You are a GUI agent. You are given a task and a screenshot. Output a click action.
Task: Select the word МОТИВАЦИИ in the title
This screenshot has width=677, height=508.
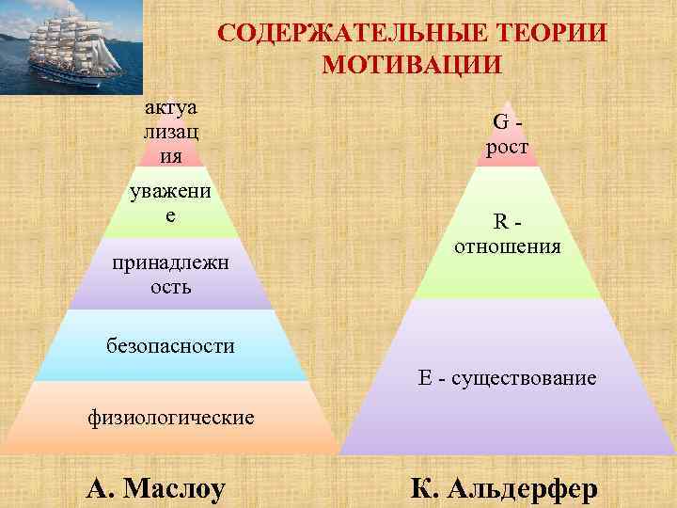[x=412, y=65]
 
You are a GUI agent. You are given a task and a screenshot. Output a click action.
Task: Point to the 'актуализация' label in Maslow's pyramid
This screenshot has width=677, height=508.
[x=169, y=131]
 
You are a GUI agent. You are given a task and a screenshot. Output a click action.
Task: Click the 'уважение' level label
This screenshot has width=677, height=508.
[x=169, y=202]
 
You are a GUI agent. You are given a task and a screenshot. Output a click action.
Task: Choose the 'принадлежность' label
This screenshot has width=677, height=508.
[x=169, y=274]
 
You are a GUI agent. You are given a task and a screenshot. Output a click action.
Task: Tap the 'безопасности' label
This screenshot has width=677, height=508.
[x=169, y=346]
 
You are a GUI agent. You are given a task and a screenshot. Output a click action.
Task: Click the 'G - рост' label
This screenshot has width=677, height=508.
[x=507, y=135]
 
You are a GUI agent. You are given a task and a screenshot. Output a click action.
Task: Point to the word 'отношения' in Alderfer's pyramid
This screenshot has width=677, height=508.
[x=507, y=247]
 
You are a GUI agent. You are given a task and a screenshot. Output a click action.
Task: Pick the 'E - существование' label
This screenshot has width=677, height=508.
[x=507, y=378]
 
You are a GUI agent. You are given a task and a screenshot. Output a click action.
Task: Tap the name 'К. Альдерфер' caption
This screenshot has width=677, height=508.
[x=503, y=488]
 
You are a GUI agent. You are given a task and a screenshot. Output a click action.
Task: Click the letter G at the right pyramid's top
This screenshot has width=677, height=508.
[x=501, y=121]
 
